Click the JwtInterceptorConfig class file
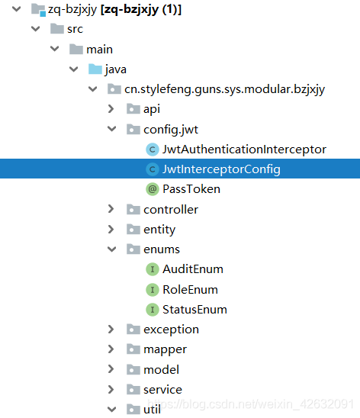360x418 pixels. pos(221,169)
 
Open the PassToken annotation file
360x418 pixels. pos(191,188)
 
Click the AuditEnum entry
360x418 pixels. pos(192,269)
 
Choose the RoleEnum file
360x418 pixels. pos(190,289)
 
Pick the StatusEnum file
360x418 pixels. pos(194,310)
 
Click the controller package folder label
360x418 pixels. pos(171,209)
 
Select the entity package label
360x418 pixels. pos(159,229)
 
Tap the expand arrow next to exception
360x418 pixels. pos(111,330)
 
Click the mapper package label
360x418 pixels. pos(165,349)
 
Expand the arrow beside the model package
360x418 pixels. pos(111,370)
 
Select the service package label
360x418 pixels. pos(162,390)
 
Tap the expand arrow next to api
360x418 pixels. pos(111,109)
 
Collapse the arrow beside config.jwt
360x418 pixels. pos(111,129)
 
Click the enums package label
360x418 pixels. pos(162,249)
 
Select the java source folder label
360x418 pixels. pos(116,69)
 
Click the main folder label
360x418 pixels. pos(99,50)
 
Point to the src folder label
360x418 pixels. pos(75,29)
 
